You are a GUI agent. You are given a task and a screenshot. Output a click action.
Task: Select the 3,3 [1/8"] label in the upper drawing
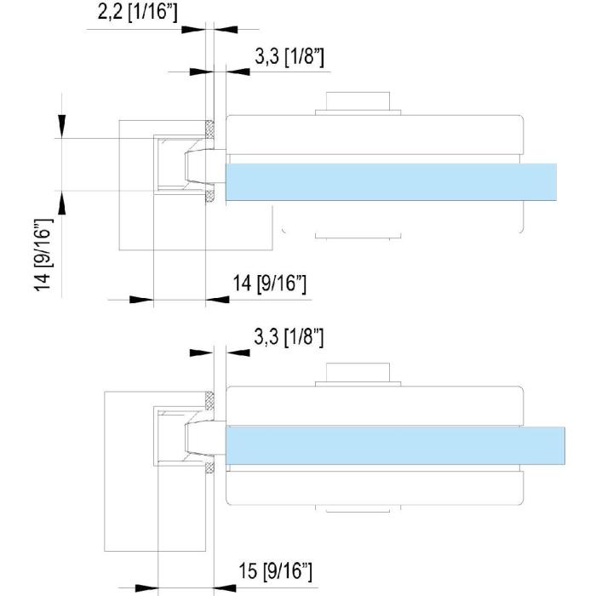point(289,58)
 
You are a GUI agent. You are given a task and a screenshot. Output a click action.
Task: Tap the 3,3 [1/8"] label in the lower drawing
point(289,337)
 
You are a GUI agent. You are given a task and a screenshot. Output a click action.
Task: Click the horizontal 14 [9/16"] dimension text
point(269,284)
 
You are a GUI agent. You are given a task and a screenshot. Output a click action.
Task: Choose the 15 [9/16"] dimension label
point(275,570)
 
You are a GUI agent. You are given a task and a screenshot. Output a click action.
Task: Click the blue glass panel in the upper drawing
point(392,181)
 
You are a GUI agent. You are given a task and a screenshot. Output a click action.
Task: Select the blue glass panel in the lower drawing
point(396,444)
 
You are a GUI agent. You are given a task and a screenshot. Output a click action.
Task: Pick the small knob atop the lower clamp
point(358,375)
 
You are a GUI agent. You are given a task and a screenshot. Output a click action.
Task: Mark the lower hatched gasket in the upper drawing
point(209,198)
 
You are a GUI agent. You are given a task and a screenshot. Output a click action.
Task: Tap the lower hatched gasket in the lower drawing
point(210,467)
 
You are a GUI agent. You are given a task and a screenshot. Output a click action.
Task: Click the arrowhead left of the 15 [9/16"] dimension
point(146,586)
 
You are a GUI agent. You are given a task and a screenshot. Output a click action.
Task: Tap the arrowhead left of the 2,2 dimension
point(194,28)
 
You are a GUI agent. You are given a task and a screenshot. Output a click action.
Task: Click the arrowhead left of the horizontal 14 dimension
point(140,299)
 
